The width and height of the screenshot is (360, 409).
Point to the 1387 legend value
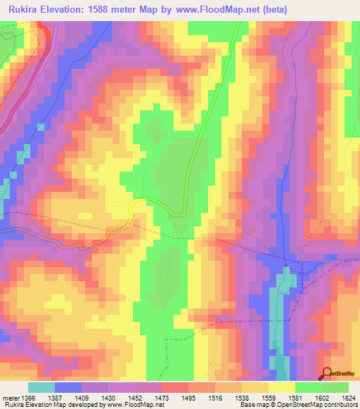point(63,398)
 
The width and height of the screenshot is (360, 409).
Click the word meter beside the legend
point(10,398)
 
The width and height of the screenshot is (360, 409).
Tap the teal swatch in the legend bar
point(41,387)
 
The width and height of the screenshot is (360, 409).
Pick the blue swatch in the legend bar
point(68,387)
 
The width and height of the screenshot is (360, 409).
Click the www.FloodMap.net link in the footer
point(134,405)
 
